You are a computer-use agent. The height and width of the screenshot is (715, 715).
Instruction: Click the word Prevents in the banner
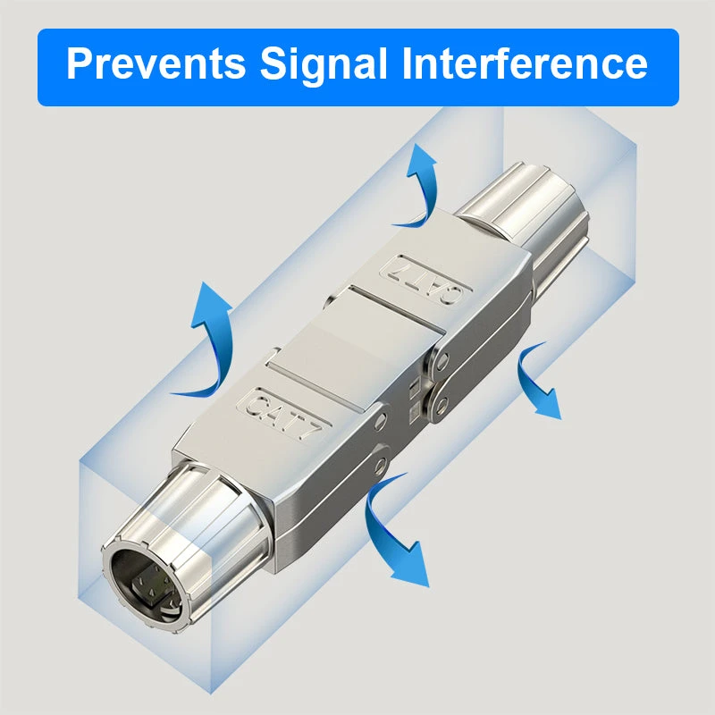[x=156, y=63]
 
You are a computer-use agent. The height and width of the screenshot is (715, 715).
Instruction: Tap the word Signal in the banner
[x=324, y=64]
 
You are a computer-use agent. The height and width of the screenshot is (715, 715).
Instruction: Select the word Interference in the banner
[x=525, y=63]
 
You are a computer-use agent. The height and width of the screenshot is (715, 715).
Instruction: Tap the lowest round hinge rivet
[x=380, y=465]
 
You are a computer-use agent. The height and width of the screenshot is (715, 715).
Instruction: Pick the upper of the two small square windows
[x=414, y=388]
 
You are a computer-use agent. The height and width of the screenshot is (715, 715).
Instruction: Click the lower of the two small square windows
[x=415, y=410]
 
